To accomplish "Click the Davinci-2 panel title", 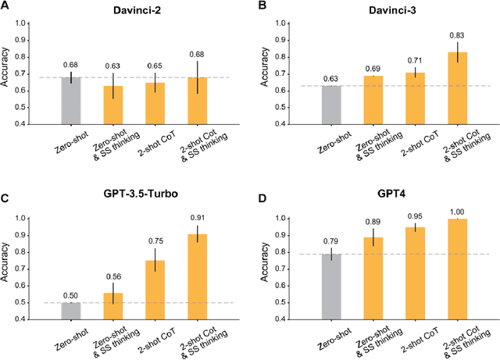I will (x=129, y=10).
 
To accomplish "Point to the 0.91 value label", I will (x=198, y=219).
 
